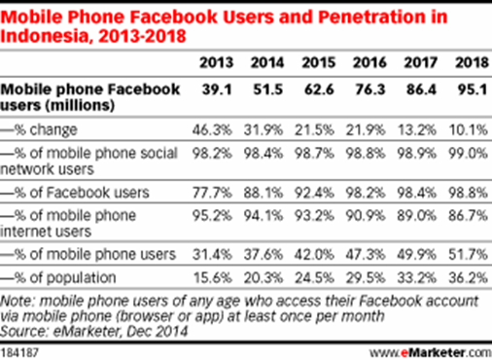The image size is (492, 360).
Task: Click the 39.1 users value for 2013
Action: (x=217, y=88)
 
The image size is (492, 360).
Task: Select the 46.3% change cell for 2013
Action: (x=215, y=126)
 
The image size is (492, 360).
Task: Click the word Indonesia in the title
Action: (x=48, y=37)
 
